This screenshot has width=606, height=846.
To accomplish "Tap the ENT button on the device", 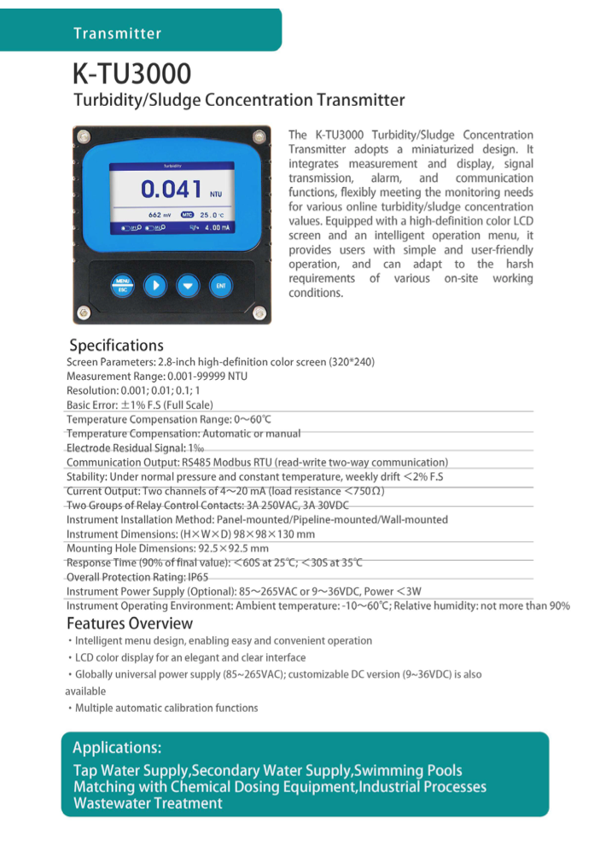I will [x=219, y=285].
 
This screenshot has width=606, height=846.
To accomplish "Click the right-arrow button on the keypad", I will [x=154, y=285].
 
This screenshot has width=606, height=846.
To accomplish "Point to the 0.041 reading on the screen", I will [x=171, y=190].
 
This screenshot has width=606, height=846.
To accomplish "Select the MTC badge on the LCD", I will [x=188, y=215].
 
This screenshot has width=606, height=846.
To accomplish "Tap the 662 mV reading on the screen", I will [x=160, y=215].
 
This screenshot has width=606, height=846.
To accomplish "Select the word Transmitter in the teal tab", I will [x=117, y=34].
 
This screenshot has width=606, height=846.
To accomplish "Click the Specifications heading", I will [x=116, y=346].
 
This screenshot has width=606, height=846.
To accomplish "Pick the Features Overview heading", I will [x=130, y=623].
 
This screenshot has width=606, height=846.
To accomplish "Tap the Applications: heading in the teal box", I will [x=117, y=748].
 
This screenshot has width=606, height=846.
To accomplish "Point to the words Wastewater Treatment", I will [x=148, y=803].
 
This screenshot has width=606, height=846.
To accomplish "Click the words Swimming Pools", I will [x=409, y=771].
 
